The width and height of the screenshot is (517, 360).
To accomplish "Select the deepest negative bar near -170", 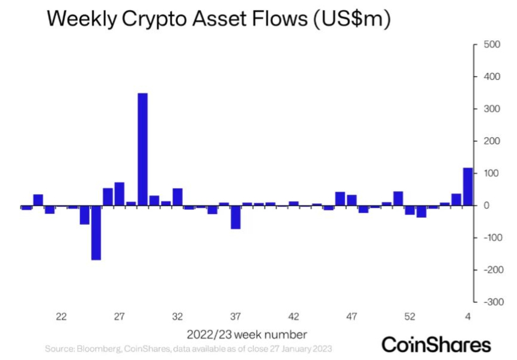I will tap(96, 233).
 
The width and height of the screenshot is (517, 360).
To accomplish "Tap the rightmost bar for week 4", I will tap(468, 186).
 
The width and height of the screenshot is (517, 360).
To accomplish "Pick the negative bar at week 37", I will tap(236, 217).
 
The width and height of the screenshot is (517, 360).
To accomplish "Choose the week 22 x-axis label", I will tap(61, 317).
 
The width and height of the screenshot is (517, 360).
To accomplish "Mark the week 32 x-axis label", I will tap(177, 317).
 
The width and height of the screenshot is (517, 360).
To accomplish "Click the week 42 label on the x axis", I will tap(293, 317).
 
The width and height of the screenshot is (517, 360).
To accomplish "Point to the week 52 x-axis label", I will tap(410, 317).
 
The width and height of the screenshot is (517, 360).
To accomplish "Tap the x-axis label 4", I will tap(468, 317).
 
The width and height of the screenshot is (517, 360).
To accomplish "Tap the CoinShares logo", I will tap(436, 345).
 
